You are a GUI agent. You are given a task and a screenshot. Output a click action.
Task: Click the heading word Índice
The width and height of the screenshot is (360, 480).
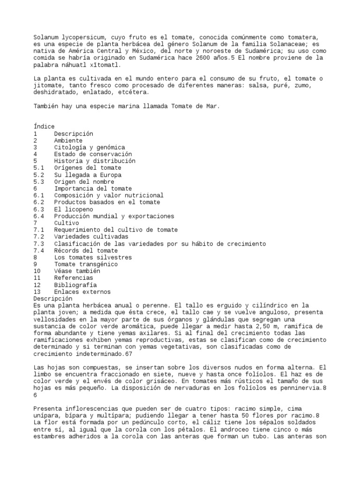coord(44,127)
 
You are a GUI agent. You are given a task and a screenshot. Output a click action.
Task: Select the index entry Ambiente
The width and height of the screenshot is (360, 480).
coord(68,141)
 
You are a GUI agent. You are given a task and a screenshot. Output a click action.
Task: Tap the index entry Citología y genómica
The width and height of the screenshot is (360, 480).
coord(90,147)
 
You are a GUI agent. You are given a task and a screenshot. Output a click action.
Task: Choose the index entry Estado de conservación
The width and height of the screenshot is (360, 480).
coord(93,154)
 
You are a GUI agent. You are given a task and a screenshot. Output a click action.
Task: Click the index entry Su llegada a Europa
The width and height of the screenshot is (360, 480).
coord(88,175)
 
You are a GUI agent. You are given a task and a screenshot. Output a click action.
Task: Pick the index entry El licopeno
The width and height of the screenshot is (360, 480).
coord(73,209)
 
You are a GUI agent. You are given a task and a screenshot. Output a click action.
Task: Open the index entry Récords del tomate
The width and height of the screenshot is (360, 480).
coord(86,251)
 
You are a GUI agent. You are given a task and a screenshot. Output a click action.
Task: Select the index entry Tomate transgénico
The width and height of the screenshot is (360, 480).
coord(86,264)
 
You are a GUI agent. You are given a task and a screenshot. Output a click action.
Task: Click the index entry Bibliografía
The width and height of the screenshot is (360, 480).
coord(75,285)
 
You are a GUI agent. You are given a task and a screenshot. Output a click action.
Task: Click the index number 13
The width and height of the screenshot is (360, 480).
coord(37,292)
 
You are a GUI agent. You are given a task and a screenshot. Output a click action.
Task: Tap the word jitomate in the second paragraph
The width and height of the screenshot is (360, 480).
coord(49,86)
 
